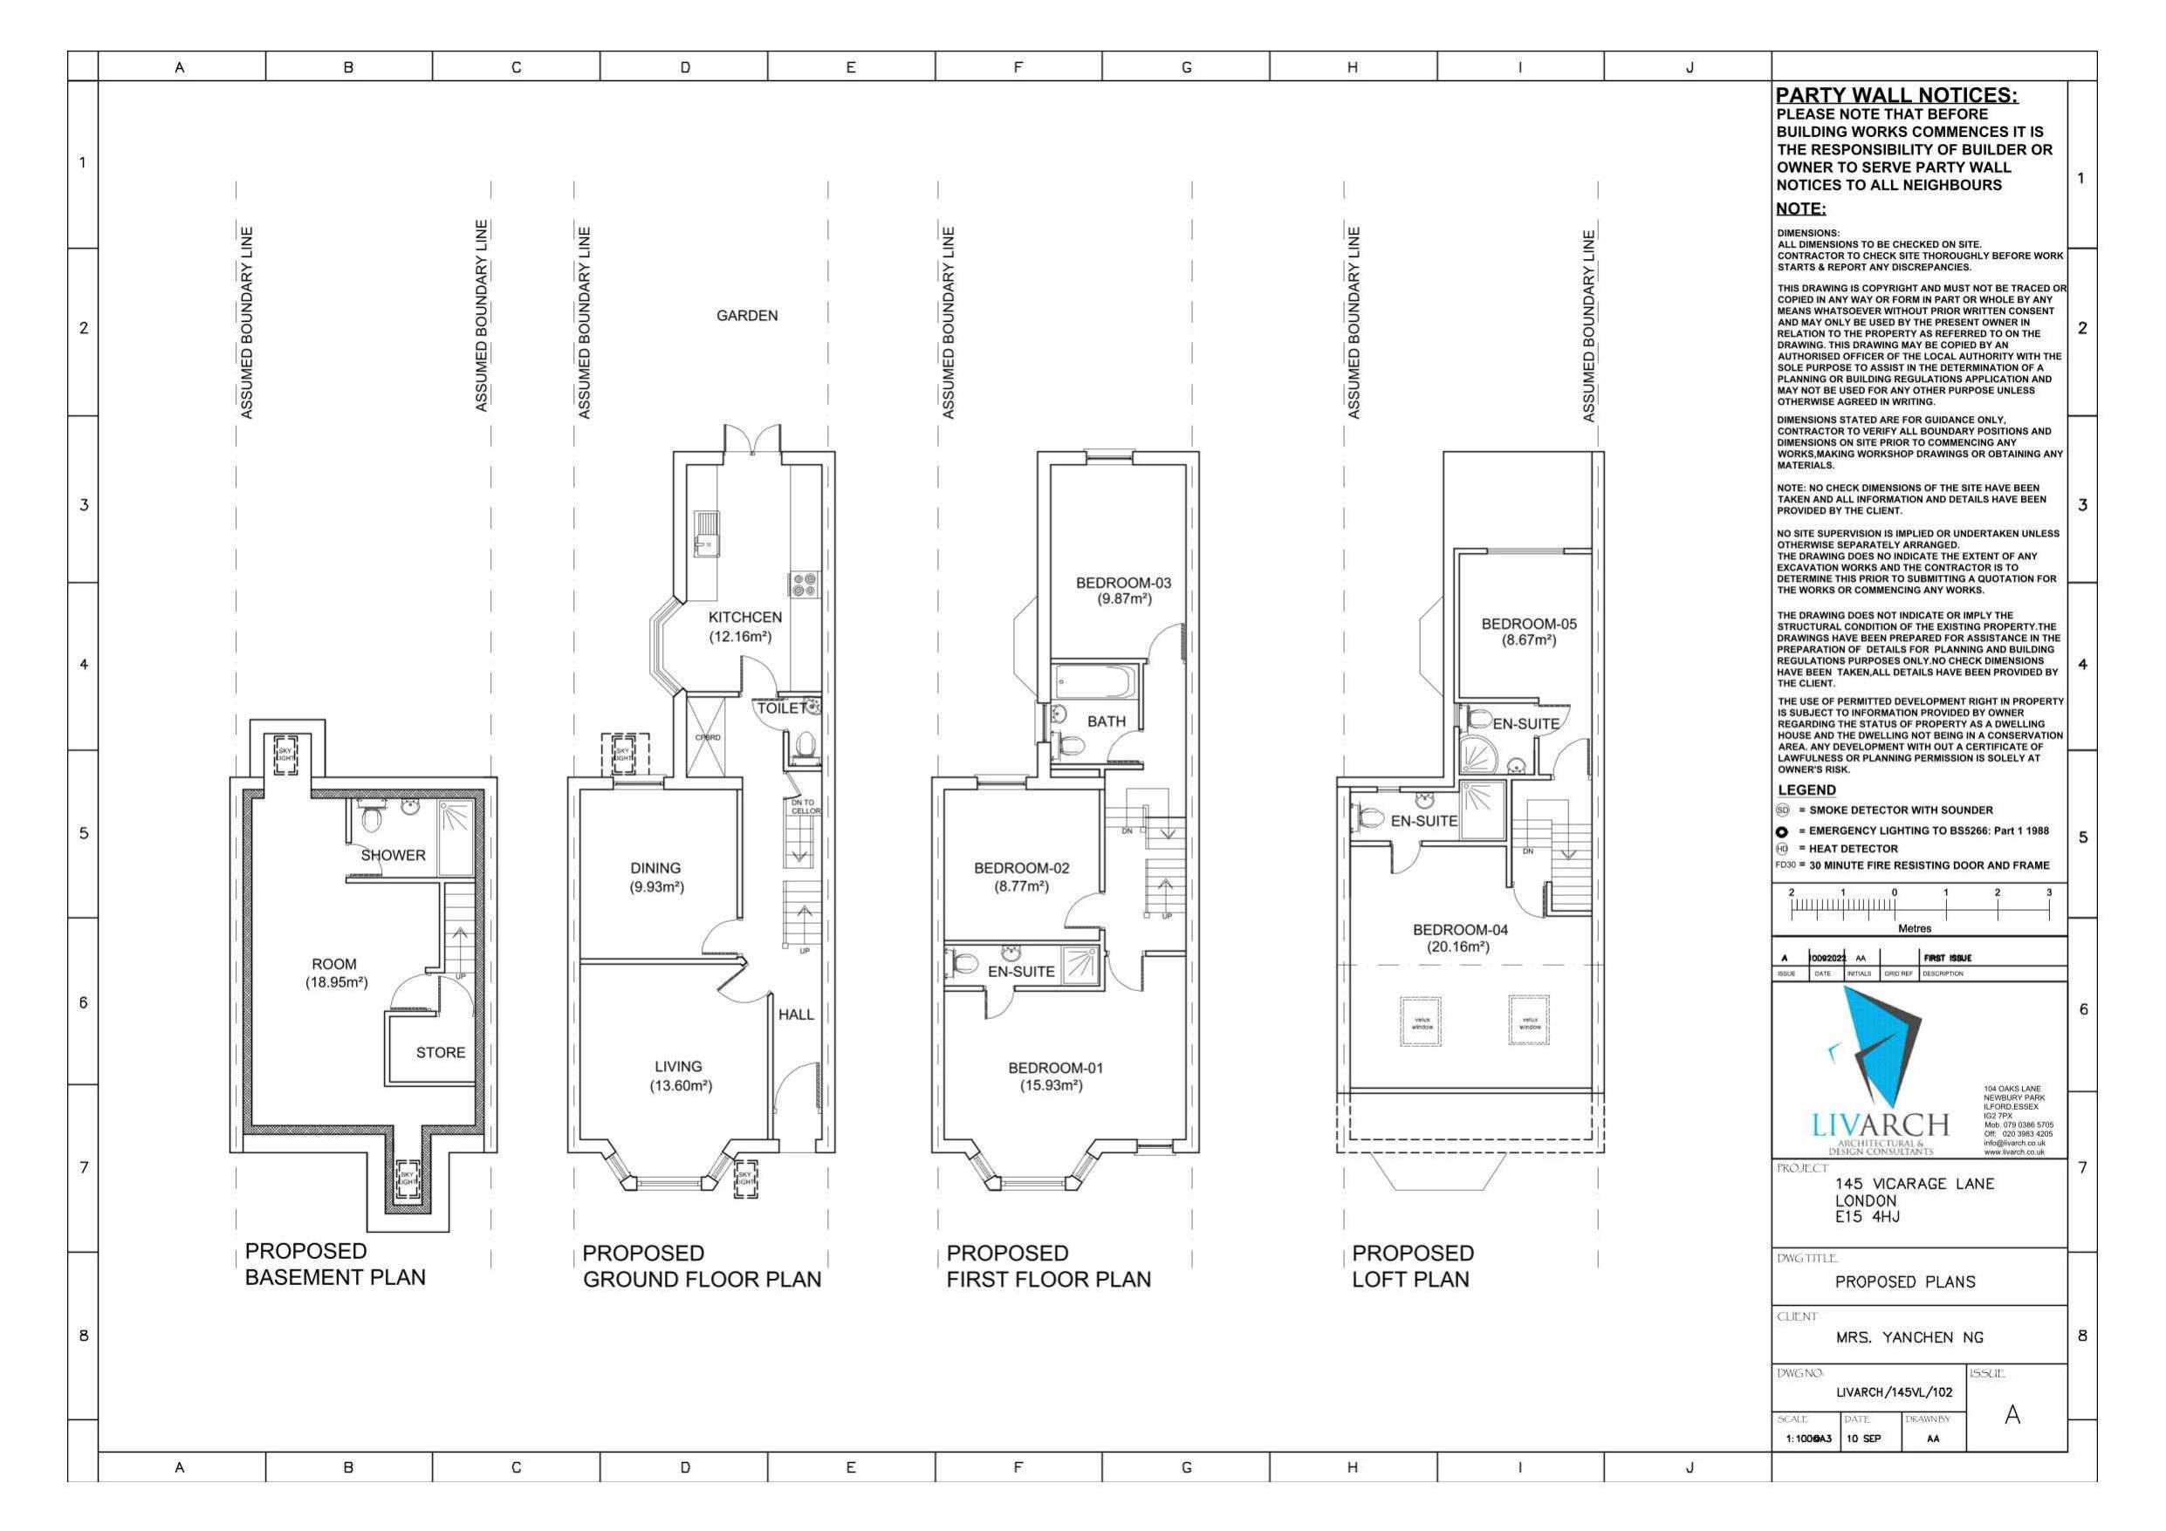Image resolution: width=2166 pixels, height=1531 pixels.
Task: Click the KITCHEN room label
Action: point(745,618)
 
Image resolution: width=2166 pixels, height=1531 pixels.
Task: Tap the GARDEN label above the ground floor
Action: point(746,316)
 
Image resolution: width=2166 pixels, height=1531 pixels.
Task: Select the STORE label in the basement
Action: point(441,1053)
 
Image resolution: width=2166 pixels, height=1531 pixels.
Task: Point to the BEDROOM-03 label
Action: point(1122,584)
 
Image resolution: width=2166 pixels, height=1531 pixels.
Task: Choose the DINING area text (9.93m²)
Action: point(655,878)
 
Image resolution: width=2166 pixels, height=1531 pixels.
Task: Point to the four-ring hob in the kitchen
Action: point(804,584)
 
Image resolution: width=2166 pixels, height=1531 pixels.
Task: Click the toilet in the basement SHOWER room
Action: point(371,817)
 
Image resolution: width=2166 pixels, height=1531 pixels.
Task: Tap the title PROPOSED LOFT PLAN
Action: point(1411,1266)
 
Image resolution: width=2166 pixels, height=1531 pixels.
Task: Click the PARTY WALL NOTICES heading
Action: point(1896,95)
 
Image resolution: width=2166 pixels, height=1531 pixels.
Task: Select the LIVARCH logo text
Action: point(1879,1124)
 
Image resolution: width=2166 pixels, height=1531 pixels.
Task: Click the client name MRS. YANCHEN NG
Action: point(1909,1337)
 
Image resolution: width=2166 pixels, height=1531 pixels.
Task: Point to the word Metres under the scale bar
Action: point(1914,928)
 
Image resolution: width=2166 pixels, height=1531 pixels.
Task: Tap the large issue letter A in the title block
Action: point(2012,1415)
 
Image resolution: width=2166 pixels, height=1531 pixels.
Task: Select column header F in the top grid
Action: point(1018,67)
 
